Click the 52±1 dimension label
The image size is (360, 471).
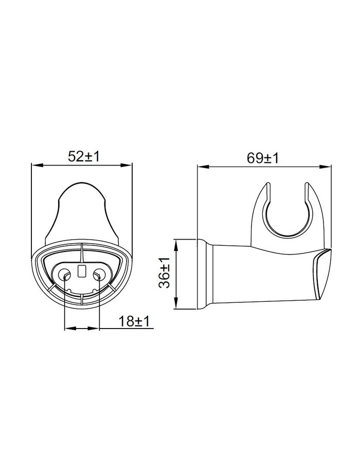[x=83, y=156]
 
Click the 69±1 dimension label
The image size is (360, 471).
[x=263, y=158]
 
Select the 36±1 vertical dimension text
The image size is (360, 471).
[x=165, y=273]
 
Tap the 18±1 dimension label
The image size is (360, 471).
[x=134, y=321]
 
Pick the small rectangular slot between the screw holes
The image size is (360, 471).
[x=82, y=271]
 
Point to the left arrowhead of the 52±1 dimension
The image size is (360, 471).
[x=37, y=165]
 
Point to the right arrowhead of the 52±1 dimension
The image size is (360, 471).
[x=126, y=165]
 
